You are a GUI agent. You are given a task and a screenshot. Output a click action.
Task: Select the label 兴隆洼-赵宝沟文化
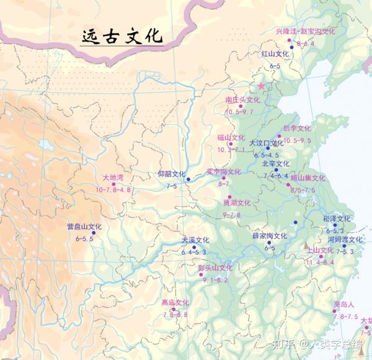click(x=306, y=31)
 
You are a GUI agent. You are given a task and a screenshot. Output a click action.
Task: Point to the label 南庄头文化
click(x=242, y=99)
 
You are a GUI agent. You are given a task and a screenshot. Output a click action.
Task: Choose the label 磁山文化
click(x=231, y=137)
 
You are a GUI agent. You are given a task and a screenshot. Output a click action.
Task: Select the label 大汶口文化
click(x=266, y=143)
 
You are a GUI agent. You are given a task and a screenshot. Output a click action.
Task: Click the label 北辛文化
click(x=276, y=164)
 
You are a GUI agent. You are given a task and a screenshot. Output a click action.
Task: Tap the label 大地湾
click(x=113, y=178)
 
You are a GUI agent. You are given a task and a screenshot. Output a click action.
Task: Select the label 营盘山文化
click(x=84, y=227)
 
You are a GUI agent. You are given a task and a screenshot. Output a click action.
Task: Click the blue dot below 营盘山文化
click(x=93, y=233)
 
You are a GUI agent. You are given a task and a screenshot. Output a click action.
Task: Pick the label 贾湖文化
click(x=236, y=203)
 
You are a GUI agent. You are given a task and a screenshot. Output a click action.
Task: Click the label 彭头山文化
click(x=215, y=268)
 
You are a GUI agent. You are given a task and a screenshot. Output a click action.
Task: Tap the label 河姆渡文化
click(x=344, y=240)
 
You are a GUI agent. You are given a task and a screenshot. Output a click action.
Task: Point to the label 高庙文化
click(x=175, y=303)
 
